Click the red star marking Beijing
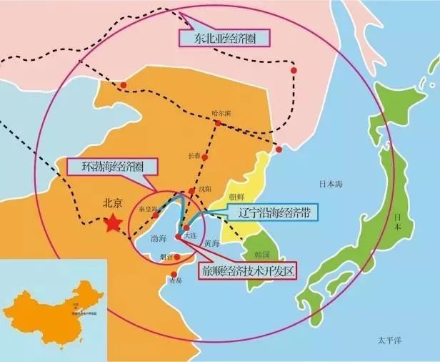113,224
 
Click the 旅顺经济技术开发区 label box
245,271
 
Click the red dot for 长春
205,156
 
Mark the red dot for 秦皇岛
155,215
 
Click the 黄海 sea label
211,243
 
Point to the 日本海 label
331,184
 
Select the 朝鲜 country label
236,197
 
